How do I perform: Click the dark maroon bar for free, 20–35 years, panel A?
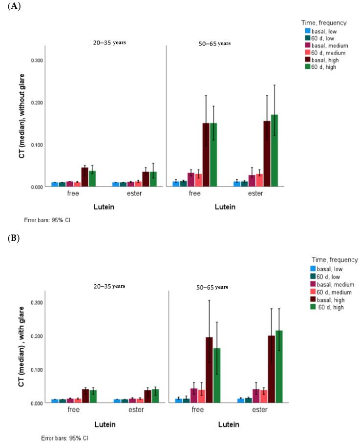click(x=85, y=177)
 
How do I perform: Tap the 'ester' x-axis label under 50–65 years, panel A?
click(x=254, y=193)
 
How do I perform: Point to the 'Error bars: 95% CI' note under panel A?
click(x=47, y=220)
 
